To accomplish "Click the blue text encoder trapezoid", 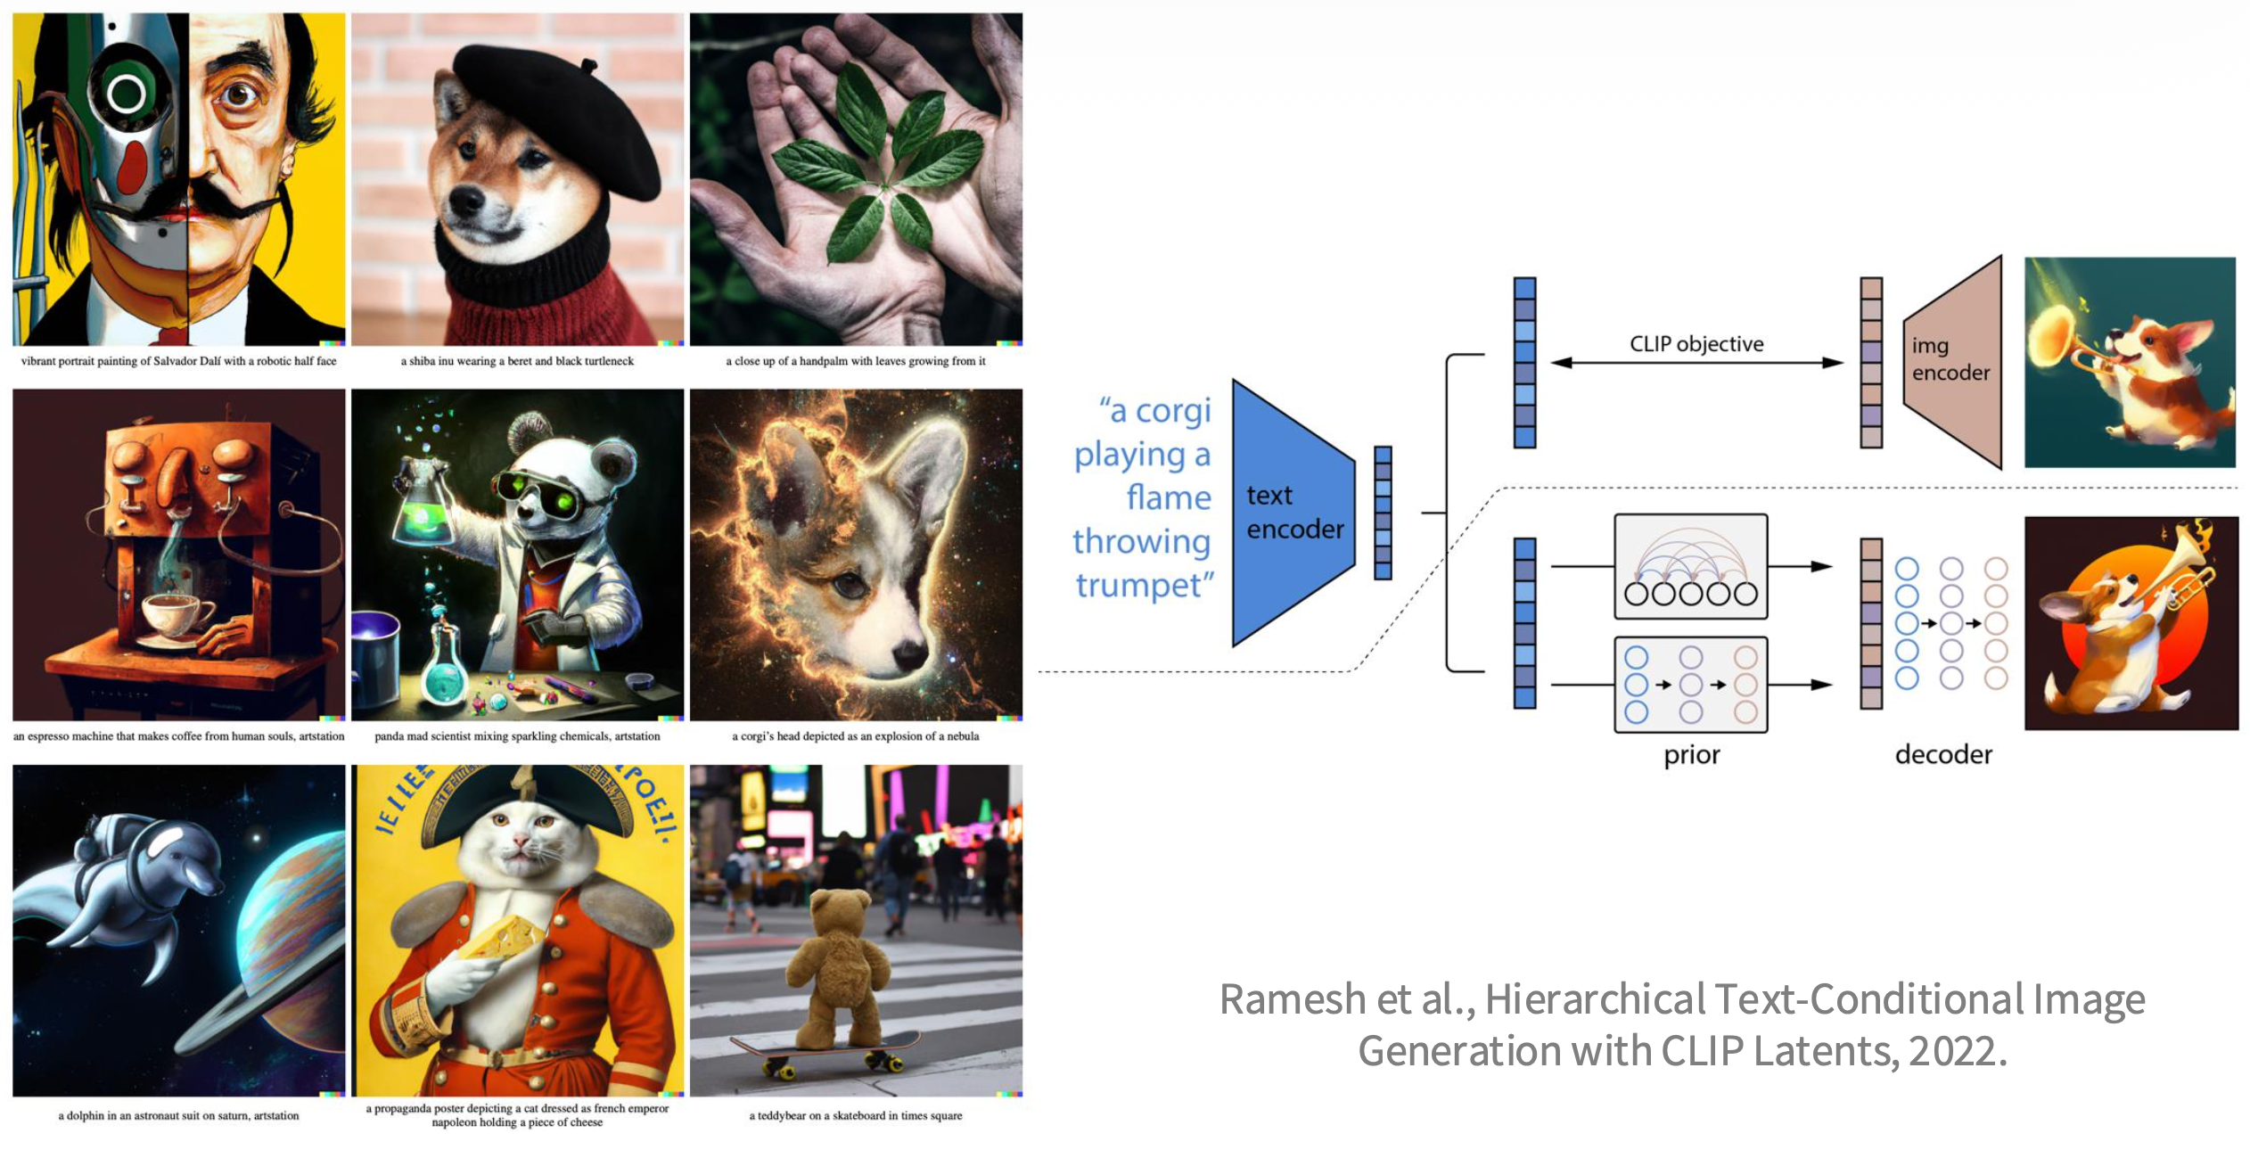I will (1293, 513).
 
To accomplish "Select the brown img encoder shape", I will (1952, 361).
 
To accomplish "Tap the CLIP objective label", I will (1696, 344).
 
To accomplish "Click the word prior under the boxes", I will (1691, 755).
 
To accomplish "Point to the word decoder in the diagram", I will (1942, 755).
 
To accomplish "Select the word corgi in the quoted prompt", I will (1172, 411).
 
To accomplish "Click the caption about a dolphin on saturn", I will (178, 1115).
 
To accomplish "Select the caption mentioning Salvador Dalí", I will (178, 361).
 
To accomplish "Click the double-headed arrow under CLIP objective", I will (1696, 363).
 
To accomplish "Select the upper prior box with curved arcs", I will (1690, 566).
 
